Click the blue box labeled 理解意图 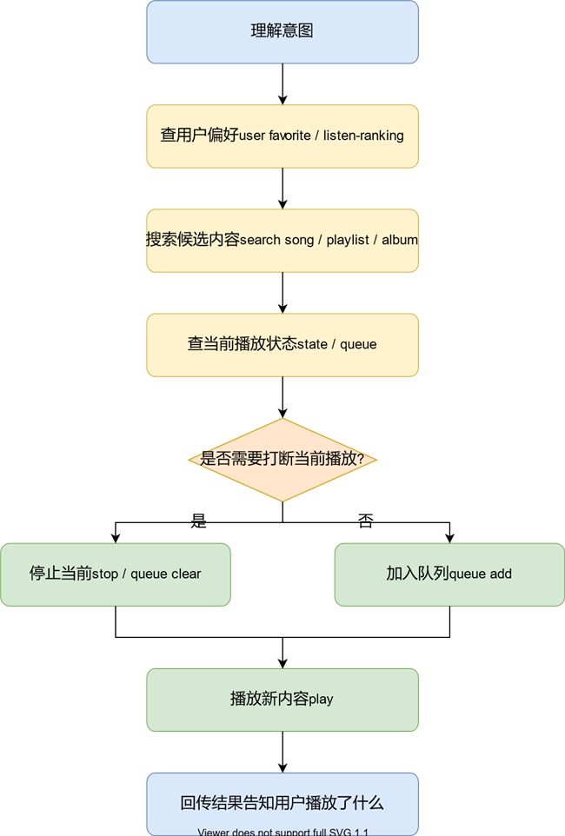coord(282,32)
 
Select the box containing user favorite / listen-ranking coord(282,136)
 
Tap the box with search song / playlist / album coord(282,241)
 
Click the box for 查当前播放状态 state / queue coord(282,345)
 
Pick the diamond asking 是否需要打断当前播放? coord(282,460)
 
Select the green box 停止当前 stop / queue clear coord(116,574)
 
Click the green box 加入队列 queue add coord(449,574)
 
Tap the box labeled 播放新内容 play coord(282,700)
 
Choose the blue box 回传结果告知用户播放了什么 coord(282,804)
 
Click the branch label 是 coord(199,521)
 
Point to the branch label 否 coord(366,521)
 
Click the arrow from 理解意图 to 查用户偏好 coord(282,84)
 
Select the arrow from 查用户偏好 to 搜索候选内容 coord(282,189)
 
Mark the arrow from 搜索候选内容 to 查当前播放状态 coord(282,293)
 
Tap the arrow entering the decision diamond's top coord(282,398)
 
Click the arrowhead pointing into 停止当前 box coord(116,538)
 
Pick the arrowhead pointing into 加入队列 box coord(449,538)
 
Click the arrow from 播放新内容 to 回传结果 coord(282,752)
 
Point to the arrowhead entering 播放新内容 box coord(282,663)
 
